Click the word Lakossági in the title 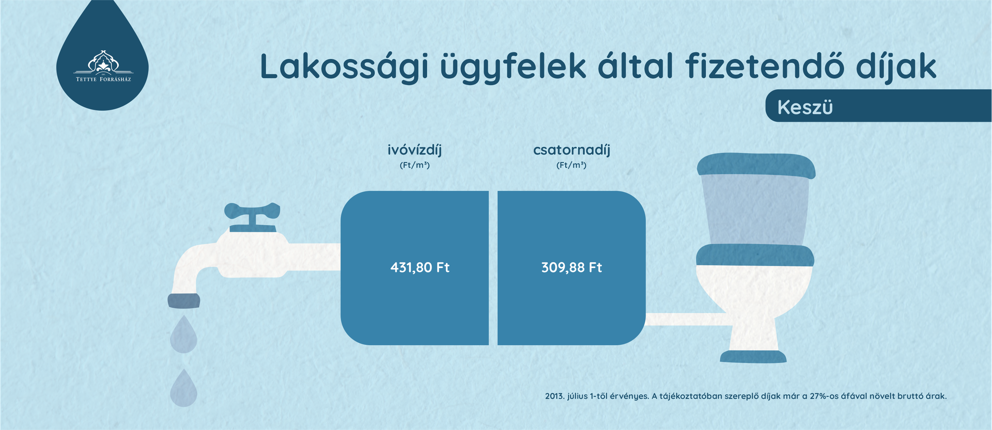click(344, 67)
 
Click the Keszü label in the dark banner click(805, 107)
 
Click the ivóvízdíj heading click(415, 150)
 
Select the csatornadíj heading click(572, 150)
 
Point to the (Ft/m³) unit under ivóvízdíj click(415, 165)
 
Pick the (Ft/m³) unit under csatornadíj click(572, 165)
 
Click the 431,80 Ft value click(420, 268)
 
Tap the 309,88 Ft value click(572, 268)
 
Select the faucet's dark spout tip click(184, 301)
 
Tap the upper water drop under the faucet click(184, 335)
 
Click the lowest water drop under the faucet click(184, 388)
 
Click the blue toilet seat click(755, 255)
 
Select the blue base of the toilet click(753, 357)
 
